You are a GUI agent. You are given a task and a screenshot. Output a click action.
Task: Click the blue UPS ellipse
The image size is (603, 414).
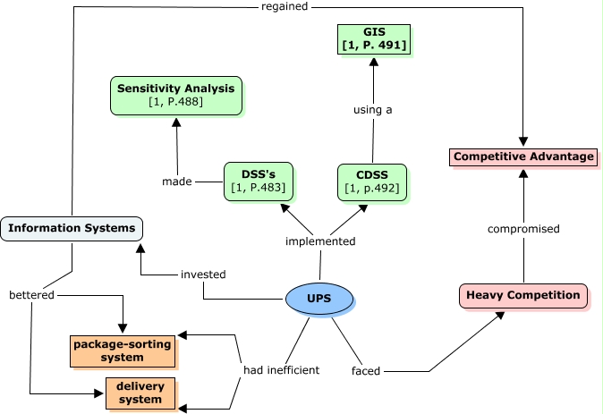[x=319, y=299]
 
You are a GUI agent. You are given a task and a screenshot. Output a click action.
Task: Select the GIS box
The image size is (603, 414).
[x=373, y=38]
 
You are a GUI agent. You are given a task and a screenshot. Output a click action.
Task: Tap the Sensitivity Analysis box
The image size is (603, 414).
[x=175, y=96]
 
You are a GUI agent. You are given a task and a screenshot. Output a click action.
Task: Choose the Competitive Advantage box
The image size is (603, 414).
[x=523, y=157]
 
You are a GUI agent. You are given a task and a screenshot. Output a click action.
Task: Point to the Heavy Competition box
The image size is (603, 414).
[x=524, y=294]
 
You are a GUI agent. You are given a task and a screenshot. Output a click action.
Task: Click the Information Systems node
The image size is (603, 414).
[x=72, y=229]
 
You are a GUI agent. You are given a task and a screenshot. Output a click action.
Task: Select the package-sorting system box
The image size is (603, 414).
[x=123, y=351]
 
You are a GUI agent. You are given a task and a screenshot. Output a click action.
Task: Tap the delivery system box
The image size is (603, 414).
[x=140, y=393]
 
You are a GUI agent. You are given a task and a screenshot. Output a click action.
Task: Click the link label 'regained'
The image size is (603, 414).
[x=285, y=6]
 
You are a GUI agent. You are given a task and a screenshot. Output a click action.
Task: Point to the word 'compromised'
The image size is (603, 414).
[x=523, y=229]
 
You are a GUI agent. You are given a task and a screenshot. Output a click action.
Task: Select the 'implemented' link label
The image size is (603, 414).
[x=320, y=241]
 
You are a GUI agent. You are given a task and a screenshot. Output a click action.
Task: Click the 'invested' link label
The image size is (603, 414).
[x=203, y=275]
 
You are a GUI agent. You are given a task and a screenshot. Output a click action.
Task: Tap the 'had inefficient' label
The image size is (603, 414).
[x=281, y=370]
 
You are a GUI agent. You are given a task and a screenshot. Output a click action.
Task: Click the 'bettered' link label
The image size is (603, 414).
[x=31, y=295]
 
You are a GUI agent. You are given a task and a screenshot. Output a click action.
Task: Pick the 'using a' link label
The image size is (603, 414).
[x=372, y=110]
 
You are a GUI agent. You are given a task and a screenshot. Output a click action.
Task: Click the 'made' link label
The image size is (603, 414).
[x=177, y=182]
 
